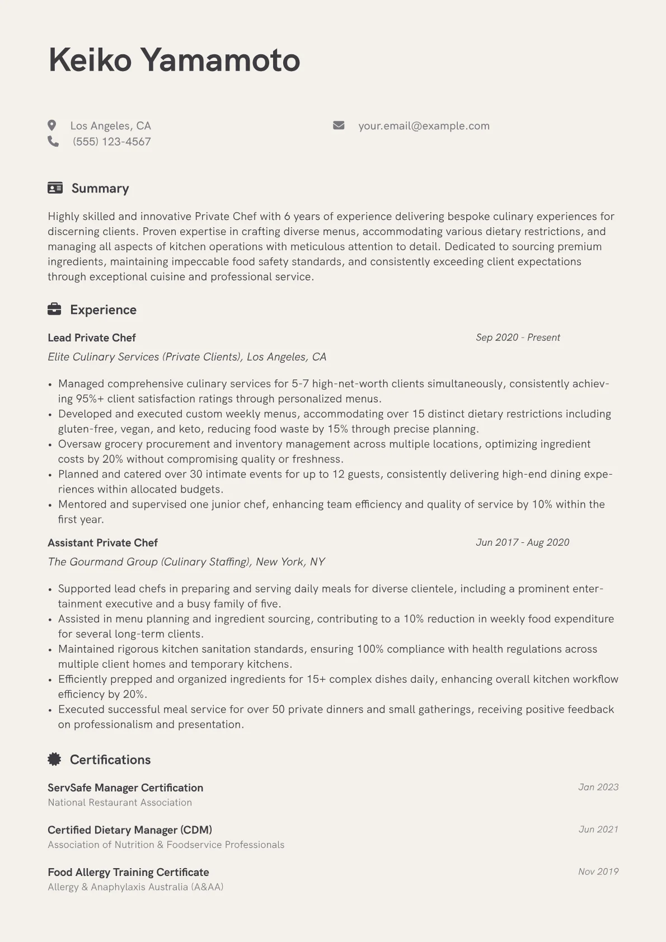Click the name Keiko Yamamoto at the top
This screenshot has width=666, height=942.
[174, 60]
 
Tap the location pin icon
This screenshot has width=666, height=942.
[52, 125]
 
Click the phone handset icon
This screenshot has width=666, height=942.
[53, 142]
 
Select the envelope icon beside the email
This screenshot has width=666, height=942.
[339, 125]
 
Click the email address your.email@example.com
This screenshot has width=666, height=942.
[424, 126]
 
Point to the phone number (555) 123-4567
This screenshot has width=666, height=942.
[111, 142]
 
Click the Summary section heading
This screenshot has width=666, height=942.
[100, 189]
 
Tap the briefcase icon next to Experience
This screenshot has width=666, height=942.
[54, 310]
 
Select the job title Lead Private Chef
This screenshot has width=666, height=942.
[92, 338]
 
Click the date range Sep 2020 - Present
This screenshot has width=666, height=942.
[518, 338]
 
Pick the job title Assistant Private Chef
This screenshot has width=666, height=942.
[102, 543]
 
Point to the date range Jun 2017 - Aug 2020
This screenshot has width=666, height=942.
[522, 542]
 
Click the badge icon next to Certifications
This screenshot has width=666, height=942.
[54, 760]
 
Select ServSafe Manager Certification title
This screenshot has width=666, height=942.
[125, 788]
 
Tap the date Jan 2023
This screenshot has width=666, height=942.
[598, 788]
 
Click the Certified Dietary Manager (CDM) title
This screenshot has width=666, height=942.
[130, 830]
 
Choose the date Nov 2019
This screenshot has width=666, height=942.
[598, 872]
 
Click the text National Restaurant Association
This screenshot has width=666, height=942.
[120, 803]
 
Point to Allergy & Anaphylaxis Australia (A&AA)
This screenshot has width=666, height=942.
[135, 887]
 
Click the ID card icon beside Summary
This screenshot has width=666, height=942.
[55, 188]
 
